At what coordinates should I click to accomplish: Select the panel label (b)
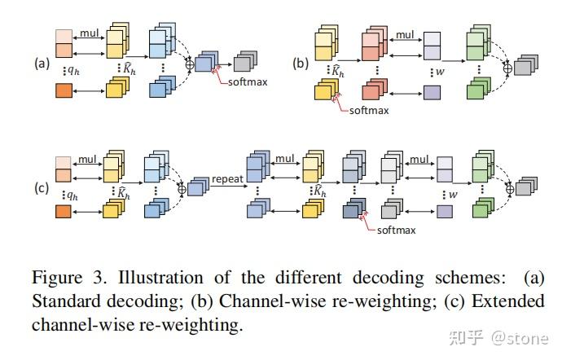[299, 62]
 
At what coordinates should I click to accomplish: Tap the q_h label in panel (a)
[71, 70]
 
